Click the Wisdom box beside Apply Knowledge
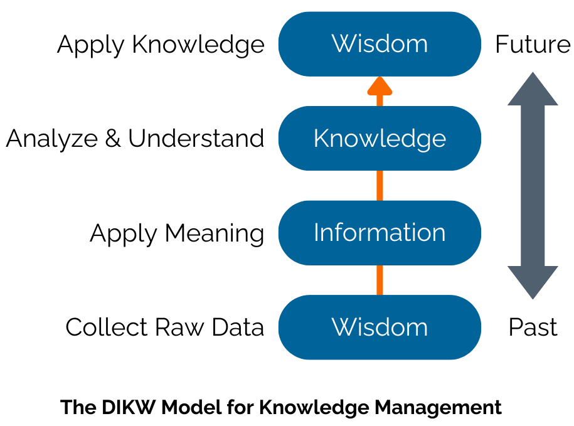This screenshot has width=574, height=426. pos(380,44)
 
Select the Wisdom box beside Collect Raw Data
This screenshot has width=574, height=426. pos(380,327)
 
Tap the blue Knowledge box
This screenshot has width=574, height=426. pos(380,138)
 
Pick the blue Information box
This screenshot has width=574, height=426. pos(380,233)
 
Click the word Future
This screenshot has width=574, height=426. pos(533,45)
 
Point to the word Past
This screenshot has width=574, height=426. pos(533,327)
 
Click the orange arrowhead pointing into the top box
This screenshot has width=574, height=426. pos(380,86)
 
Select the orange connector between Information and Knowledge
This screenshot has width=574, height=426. pos(380,185)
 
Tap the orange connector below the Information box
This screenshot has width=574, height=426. pos(380,280)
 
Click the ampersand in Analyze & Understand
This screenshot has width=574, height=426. pos(113,139)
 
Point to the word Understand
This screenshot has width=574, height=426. pos(196,139)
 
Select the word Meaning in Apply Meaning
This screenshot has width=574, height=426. pos(214,233)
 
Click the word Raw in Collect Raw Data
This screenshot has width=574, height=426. pos(177,327)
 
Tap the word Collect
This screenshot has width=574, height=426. pos(102,327)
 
